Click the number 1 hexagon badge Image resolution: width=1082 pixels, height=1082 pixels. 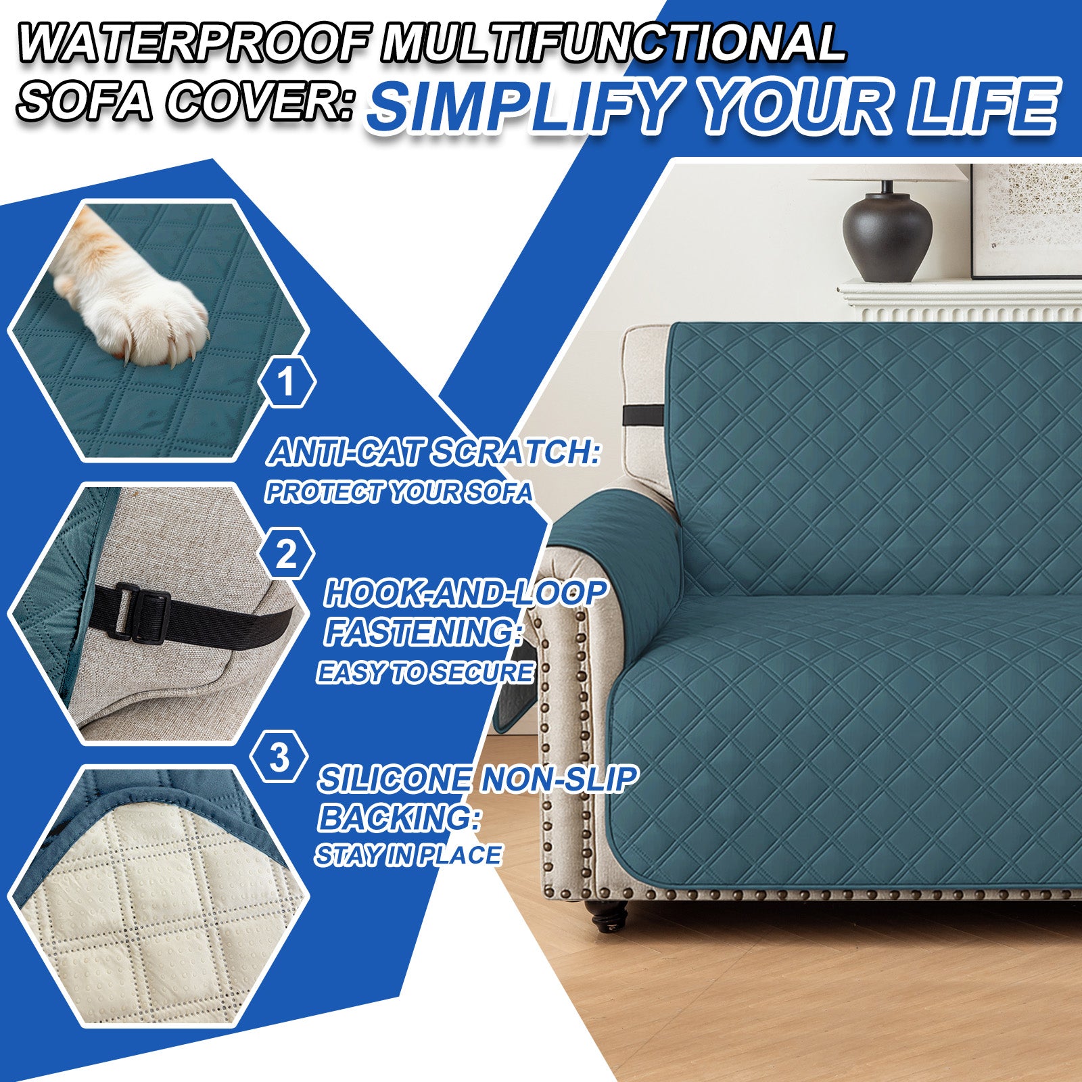click(287, 381)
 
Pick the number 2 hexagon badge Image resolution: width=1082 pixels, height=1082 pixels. click(287, 555)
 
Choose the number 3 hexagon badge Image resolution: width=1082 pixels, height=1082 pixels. click(279, 757)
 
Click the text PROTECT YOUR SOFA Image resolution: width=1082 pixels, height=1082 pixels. click(399, 492)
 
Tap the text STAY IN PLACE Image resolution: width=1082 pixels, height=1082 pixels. click(408, 855)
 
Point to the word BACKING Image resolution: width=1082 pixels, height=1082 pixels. click(399, 818)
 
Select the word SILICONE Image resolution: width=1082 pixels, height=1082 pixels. click(395, 779)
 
